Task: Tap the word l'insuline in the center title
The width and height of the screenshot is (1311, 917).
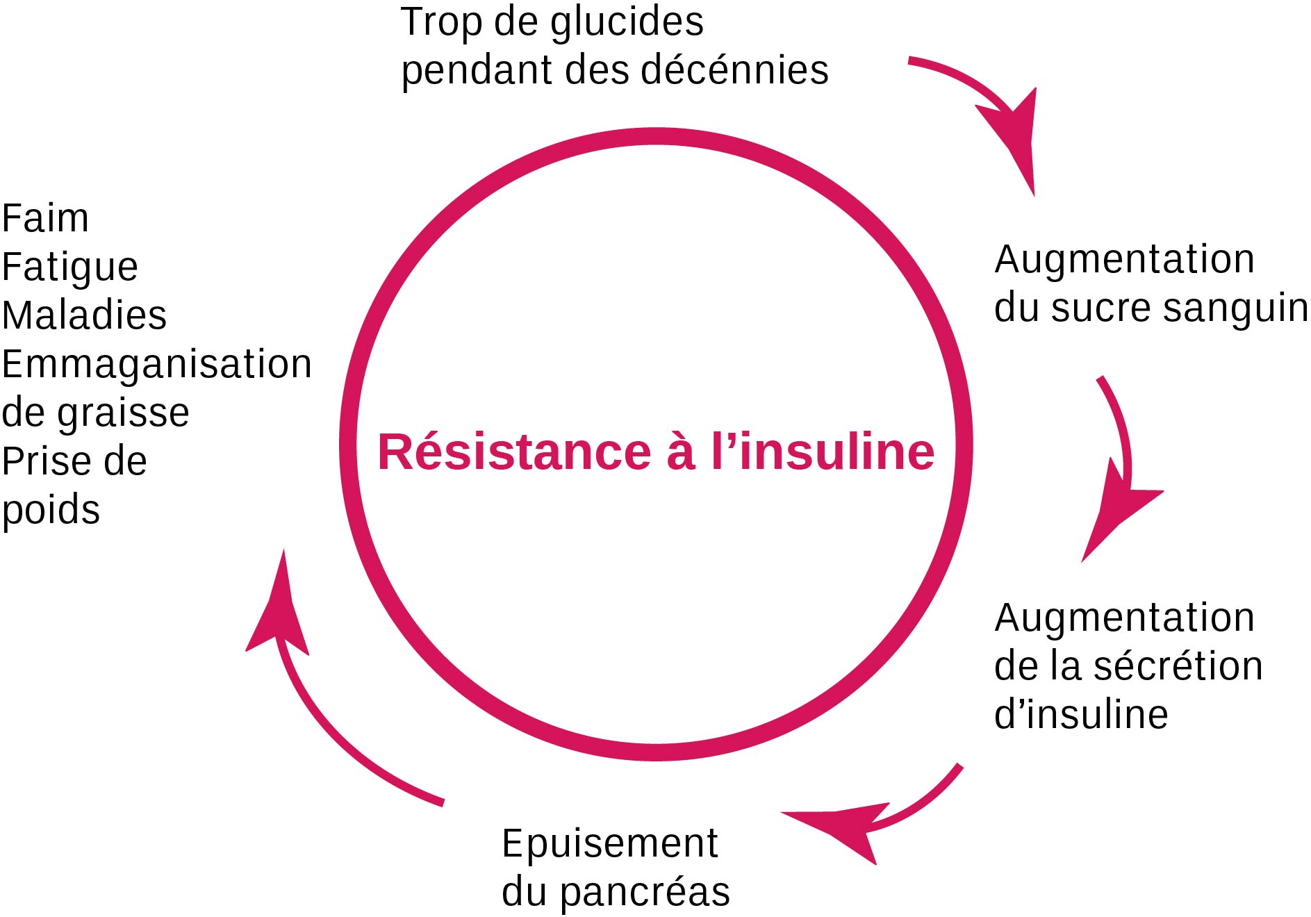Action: [x=823, y=452]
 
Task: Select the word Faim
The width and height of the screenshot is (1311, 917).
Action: [x=45, y=219]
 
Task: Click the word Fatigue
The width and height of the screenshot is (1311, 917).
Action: [x=69, y=267]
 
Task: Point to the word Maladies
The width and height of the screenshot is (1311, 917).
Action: [x=84, y=315]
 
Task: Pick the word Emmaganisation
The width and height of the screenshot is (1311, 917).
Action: [x=156, y=364]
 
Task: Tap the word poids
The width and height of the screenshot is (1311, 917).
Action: [x=51, y=511]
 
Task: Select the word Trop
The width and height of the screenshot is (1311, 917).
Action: [x=441, y=24]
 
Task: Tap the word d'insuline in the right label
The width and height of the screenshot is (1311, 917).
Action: [x=1081, y=715]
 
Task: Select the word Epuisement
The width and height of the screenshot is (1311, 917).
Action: [x=609, y=845]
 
